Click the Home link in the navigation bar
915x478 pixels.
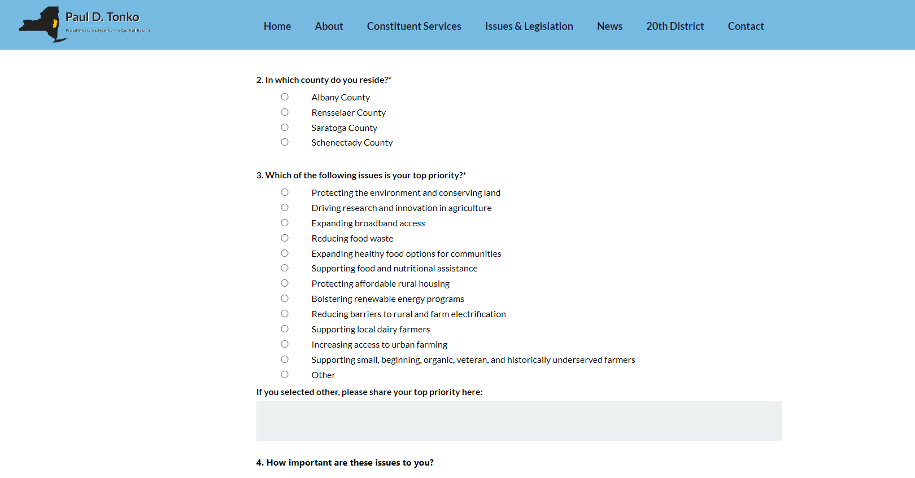pyautogui.click(x=277, y=26)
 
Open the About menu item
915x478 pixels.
pyautogui.click(x=329, y=26)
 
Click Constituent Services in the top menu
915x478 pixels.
pyautogui.click(x=414, y=26)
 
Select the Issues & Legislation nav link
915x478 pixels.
pyautogui.click(x=529, y=26)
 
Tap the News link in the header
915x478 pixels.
pyautogui.click(x=609, y=26)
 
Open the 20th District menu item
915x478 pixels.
pyautogui.click(x=675, y=26)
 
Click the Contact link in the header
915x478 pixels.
pyautogui.click(x=746, y=26)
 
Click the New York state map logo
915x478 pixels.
pyautogui.click(x=40, y=24)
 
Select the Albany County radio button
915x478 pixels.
pyautogui.click(x=285, y=97)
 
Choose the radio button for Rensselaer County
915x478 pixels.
pyautogui.click(x=285, y=112)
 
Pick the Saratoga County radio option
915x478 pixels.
pyautogui.click(x=285, y=128)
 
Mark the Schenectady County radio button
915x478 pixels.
pyautogui.click(x=285, y=142)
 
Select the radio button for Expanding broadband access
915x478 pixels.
pyautogui.click(x=285, y=223)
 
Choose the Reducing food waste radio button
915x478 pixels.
pyautogui.click(x=285, y=238)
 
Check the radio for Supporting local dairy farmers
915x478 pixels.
pyautogui.click(x=285, y=329)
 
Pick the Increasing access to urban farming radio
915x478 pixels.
pyautogui.click(x=285, y=344)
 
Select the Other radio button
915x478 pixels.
pyautogui.click(x=285, y=375)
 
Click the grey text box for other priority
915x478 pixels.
pyautogui.click(x=518, y=421)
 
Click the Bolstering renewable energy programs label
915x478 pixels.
pyautogui.click(x=387, y=299)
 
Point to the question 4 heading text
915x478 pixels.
pyautogui.click(x=345, y=463)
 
